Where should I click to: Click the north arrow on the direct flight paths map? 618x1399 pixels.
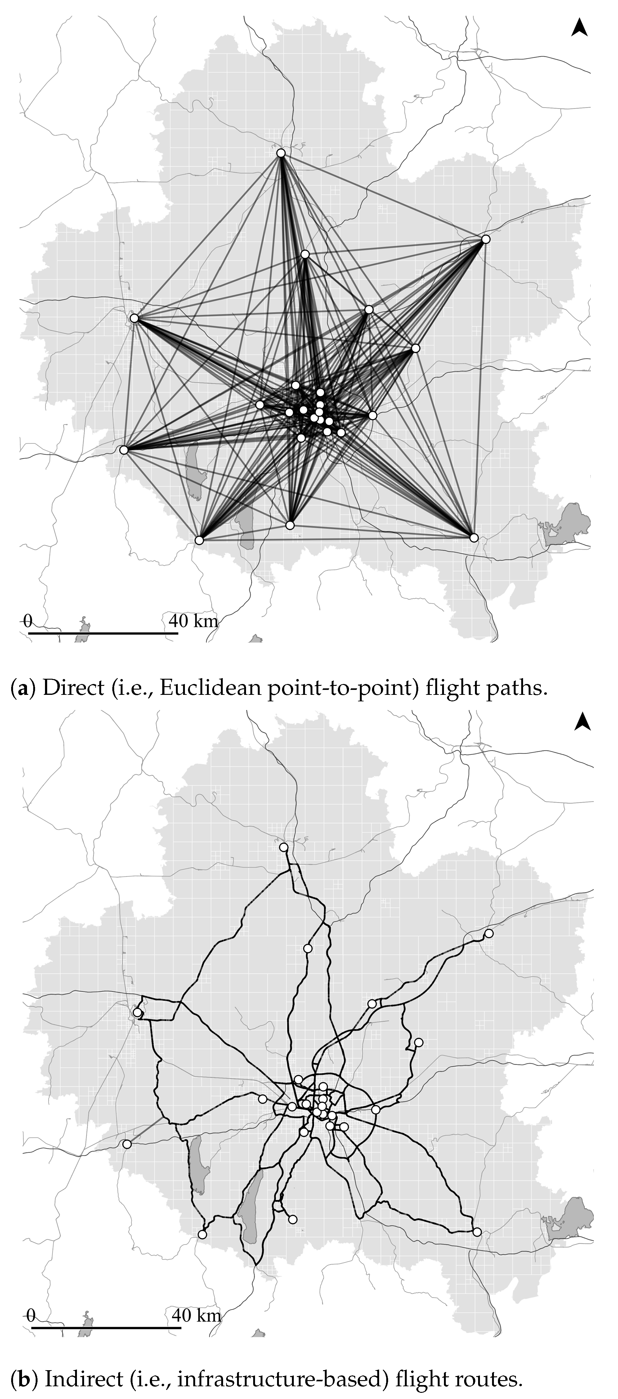tap(580, 27)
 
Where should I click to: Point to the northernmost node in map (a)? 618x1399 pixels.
tap(281, 153)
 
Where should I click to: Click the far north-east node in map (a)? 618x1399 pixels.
tap(486, 239)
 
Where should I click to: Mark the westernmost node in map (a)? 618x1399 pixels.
tap(124, 450)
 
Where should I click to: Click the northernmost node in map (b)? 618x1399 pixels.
tap(283, 847)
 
